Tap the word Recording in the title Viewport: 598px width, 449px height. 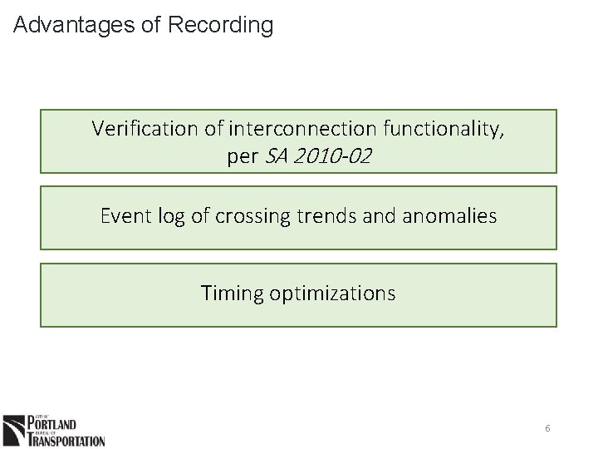tap(220, 26)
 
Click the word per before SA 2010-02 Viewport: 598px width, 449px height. tap(243, 156)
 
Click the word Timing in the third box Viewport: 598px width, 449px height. tap(231, 294)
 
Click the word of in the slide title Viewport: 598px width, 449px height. tap(151, 26)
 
